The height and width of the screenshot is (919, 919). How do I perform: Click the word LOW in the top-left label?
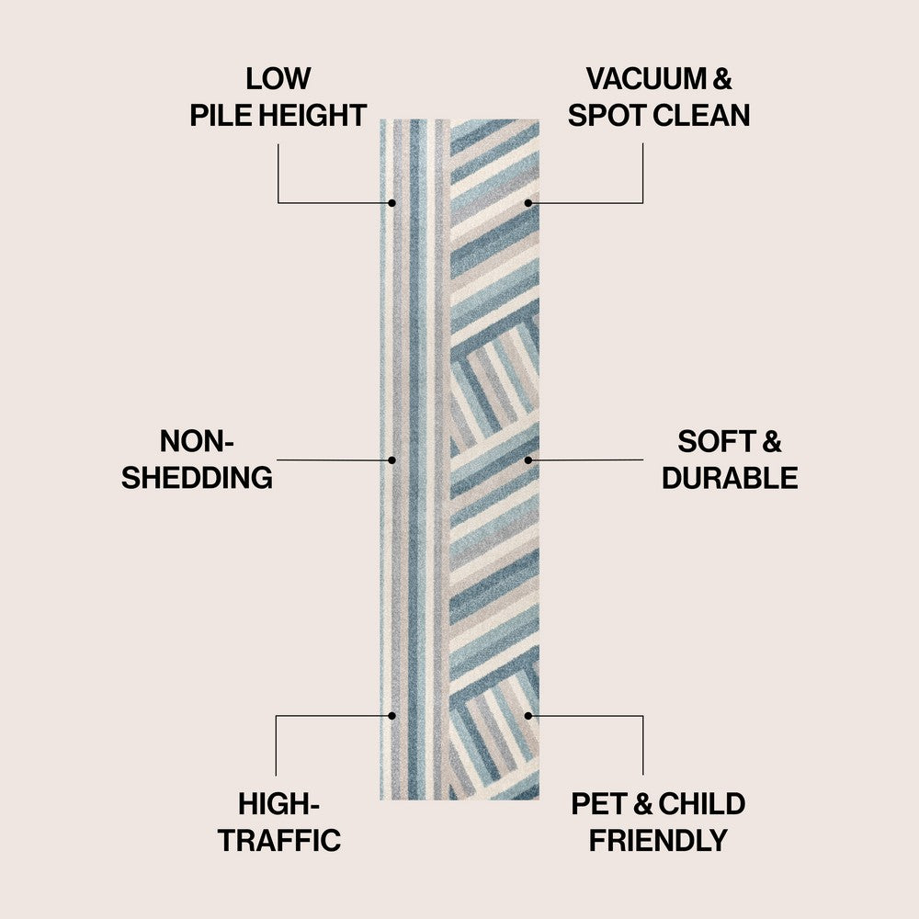pos(278,79)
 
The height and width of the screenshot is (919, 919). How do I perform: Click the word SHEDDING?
pos(197,478)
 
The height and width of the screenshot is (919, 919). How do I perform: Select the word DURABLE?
pos(730,478)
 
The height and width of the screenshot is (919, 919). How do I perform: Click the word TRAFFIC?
pos(279,840)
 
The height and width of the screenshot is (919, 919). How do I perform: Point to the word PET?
pos(598,804)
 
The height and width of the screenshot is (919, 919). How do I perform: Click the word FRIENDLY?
pos(658,840)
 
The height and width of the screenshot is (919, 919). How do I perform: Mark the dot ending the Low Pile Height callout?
pos(392,202)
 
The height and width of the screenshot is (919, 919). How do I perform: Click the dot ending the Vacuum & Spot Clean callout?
pos(528,202)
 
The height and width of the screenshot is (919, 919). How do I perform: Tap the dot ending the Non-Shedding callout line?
pos(392,459)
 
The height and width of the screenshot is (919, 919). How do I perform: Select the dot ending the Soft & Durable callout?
pos(528,459)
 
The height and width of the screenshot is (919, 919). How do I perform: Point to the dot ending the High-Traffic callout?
pos(392,714)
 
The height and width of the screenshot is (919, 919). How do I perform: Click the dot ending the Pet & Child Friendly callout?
pos(528,714)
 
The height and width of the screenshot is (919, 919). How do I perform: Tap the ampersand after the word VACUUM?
pos(722,79)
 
